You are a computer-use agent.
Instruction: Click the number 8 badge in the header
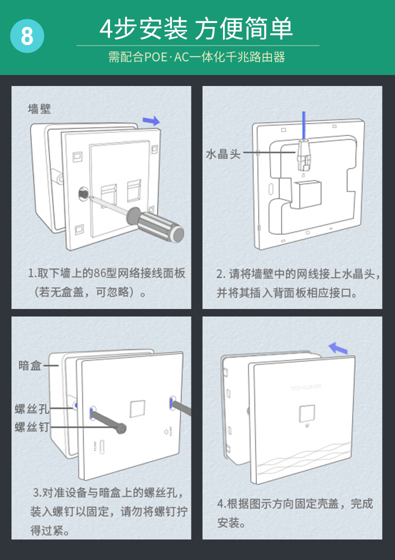coord(27,36)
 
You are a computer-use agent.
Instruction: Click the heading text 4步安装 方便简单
coord(196,28)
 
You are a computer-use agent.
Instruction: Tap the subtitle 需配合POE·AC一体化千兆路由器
coord(196,57)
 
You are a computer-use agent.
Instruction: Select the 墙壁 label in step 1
coord(39,108)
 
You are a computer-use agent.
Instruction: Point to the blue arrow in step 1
coord(151,120)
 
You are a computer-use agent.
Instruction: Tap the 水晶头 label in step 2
coord(223,153)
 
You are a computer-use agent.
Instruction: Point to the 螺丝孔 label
coord(32,409)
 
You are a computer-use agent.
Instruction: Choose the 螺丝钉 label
coord(32,426)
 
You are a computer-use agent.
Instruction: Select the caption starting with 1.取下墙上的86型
coord(106,282)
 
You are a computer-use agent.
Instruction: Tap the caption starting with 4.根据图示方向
coord(295,513)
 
